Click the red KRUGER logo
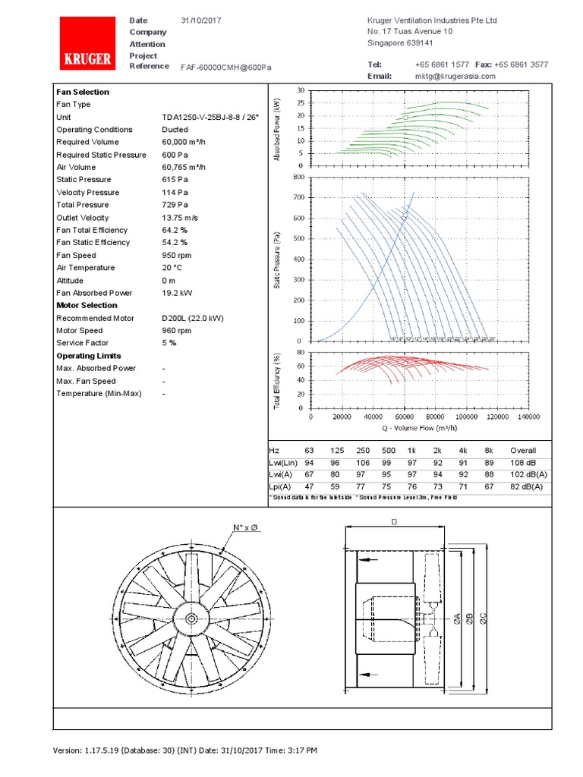(x=87, y=45)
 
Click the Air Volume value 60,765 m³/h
(x=184, y=168)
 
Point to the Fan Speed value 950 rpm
(x=177, y=256)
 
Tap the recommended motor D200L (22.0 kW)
(x=193, y=319)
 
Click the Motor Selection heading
(x=87, y=306)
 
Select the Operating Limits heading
(x=89, y=356)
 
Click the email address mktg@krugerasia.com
(x=455, y=77)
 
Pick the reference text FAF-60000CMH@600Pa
(x=225, y=67)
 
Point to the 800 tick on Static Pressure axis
(x=298, y=178)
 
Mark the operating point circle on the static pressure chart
(x=405, y=216)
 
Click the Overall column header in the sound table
(x=522, y=451)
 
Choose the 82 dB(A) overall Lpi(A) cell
(x=527, y=486)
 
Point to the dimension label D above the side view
(x=393, y=522)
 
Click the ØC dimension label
(x=483, y=619)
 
